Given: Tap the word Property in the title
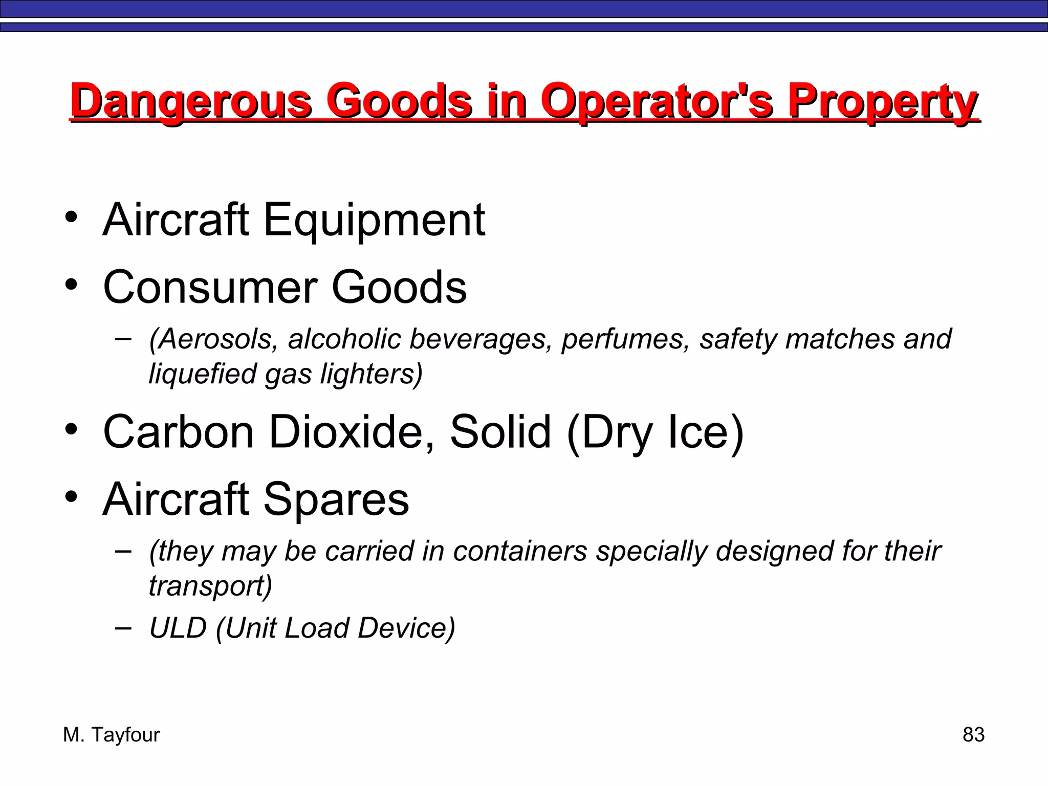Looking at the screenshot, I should (x=882, y=101).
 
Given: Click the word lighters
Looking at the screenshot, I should (x=372, y=374).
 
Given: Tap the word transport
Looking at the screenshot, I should (x=210, y=585).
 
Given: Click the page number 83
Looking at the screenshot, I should (x=973, y=735).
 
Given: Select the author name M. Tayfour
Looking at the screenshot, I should (x=112, y=735).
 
